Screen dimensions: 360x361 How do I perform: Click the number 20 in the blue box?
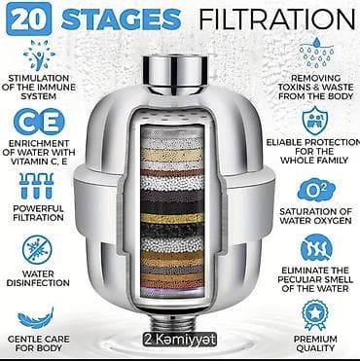[x=28, y=18]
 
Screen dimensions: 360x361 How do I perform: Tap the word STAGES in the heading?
[x=122, y=18]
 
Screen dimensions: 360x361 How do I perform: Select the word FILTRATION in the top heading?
[x=277, y=19]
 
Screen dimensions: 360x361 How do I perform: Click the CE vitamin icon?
[x=39, y=122]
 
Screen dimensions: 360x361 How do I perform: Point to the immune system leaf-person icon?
[x=39, y=55]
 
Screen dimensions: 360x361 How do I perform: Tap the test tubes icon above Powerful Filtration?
[x=36, y=186]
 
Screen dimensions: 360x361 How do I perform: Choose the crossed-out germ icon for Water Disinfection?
[x=37, y=250]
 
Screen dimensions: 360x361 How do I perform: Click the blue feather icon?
[x=36, y=318]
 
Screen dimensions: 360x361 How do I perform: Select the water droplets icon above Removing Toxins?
[x=315, y=53]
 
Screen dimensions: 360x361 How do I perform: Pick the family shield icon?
[x=315, y=121]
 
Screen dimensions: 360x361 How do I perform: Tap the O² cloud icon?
[x=316, y=190]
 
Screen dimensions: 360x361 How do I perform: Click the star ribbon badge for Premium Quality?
[x=315, y=314]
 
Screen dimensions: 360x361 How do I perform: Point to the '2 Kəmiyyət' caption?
[x=180, y=340]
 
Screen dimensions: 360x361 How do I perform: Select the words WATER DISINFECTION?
[x=38, y=278]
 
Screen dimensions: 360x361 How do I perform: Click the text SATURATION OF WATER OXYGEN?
[x=315, y=216]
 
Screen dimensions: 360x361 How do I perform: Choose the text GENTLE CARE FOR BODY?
[x=38, y=343]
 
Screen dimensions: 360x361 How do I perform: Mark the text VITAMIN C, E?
[x=40, y=162]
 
